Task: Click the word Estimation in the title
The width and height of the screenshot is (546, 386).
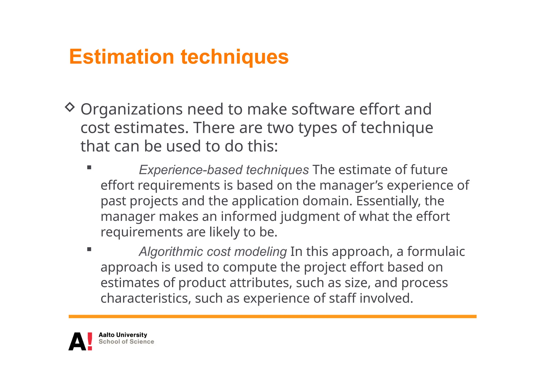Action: [x=122, y=57]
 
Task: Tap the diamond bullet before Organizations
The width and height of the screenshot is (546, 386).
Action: [x=70, y=107]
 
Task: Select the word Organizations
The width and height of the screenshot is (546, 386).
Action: [x=132, y=109]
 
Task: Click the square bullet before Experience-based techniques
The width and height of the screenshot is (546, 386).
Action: [x=89, y=168]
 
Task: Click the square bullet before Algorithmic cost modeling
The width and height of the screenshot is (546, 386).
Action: [x=89, y=249]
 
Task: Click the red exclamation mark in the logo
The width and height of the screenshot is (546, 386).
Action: [x=90, y=341]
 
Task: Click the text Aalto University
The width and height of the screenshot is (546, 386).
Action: [x=123, y=335]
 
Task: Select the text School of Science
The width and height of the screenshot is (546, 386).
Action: [x=126, y=342]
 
